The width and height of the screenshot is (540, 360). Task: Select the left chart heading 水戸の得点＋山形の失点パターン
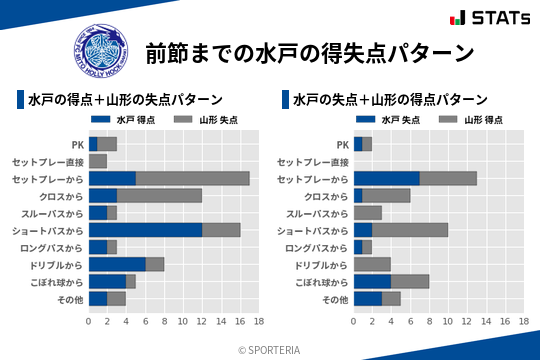click(x=125, y=100)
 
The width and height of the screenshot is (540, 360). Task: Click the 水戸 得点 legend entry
click(x=131, y=119)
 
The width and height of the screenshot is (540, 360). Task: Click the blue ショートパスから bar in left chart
click(x=145, y=230)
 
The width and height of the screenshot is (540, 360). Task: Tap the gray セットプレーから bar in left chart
click(x=192, y=178)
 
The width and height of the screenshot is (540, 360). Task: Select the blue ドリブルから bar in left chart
click(x=117, y=264)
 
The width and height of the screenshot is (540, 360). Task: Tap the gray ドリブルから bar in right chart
click(x=372, y=264)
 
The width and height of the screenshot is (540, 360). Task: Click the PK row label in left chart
click(x=78, y=144)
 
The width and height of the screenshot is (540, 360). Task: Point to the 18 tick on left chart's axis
click(x=259, y=321)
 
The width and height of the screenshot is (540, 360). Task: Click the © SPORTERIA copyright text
click(x=270, y=349)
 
